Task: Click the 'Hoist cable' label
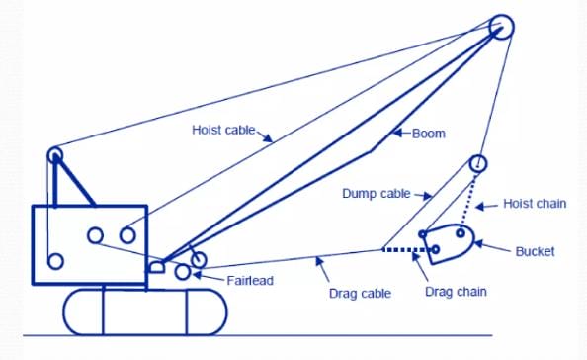pyautogui.click(x=223, y=130)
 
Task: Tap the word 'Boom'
pyautogui.click(x=429, y=134)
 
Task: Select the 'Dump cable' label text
pyautogui.click(x=377, y=194)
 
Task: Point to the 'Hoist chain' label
pyautogui.click(x=535, y=204)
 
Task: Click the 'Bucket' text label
pyautogui.click(x=535, y=251)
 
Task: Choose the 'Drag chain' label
pyautogui.click(x=456, y=292)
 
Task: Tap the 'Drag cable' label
pyautogui.click(x=360, y=294)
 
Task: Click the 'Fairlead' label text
pyautogui.click(x=250, y=281)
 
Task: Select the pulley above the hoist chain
pyautogui.click(x=478, y=156)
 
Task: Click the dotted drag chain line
pyautogui.click(x=406, y=250)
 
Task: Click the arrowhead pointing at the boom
pyautogui.click(x=397, y=133)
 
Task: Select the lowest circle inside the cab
pyautogui.click(x=55, y=253)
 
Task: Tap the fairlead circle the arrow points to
pyautogui.click(x=183, y=264)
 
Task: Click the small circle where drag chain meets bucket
pyautogui.click(x=435, y=245)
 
